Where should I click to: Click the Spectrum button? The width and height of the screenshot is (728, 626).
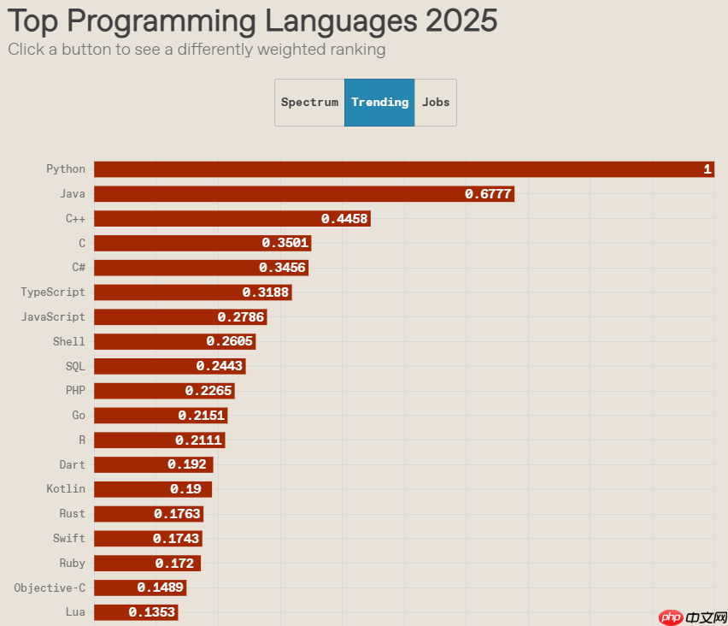(x=309, y=103)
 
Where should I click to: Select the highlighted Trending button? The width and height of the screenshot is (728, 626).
(x=379, y=103)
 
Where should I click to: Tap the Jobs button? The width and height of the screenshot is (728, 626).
(x=436, y=103)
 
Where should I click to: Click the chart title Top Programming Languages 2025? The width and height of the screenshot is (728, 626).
(x=252, y=21)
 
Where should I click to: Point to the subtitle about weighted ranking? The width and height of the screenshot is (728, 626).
(x=197, y=50)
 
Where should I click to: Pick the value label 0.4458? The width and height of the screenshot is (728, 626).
(x=344, y=219)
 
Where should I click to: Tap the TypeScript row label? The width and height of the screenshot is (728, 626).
(x=53, y=292)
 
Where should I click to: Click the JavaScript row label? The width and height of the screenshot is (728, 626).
(x=53, y=317)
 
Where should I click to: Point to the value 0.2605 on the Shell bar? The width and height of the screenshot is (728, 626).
(x=230, y=342)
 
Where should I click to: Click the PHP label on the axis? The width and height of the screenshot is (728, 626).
(x=75, y=391)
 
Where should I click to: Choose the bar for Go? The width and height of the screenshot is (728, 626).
(x=161, y=416)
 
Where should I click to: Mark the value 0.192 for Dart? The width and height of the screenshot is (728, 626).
(x=187, y=465)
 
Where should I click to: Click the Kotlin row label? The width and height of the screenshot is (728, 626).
(x=66, y=489)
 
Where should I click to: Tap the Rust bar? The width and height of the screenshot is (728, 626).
(x=149, y=514)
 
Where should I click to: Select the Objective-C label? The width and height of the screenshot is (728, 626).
(x=50, y=588)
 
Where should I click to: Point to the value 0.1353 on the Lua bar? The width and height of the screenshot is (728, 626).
(x=152, y=612)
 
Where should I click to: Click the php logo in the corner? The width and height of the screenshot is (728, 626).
(x=672, y=617)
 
